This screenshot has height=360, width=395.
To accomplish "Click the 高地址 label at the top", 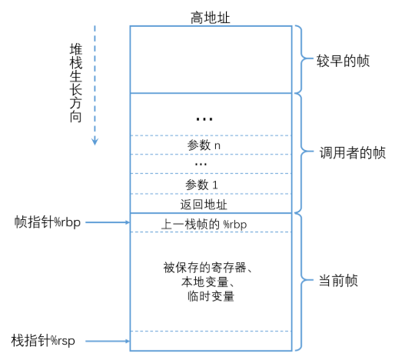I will pyautogui.click(x=211, y=16).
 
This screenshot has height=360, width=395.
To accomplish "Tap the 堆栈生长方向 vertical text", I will pyautogui.click(x=75, y=81).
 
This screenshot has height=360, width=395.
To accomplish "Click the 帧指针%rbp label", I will pyautogui.click(x=48, y=223).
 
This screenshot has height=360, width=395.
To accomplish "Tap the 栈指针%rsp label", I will pyautogui.click(x=48, y=340).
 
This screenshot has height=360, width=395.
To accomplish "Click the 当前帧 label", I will pyautogui.click(x=338, y=281).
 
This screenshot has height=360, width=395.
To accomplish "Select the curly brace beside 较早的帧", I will pyautogui.click(x=303, y=59).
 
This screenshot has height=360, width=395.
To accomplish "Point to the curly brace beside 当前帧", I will pyautogui.click(x=303, y=281).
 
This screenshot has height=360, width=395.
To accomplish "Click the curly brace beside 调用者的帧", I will pyautogui.click(x=303, y=152).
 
